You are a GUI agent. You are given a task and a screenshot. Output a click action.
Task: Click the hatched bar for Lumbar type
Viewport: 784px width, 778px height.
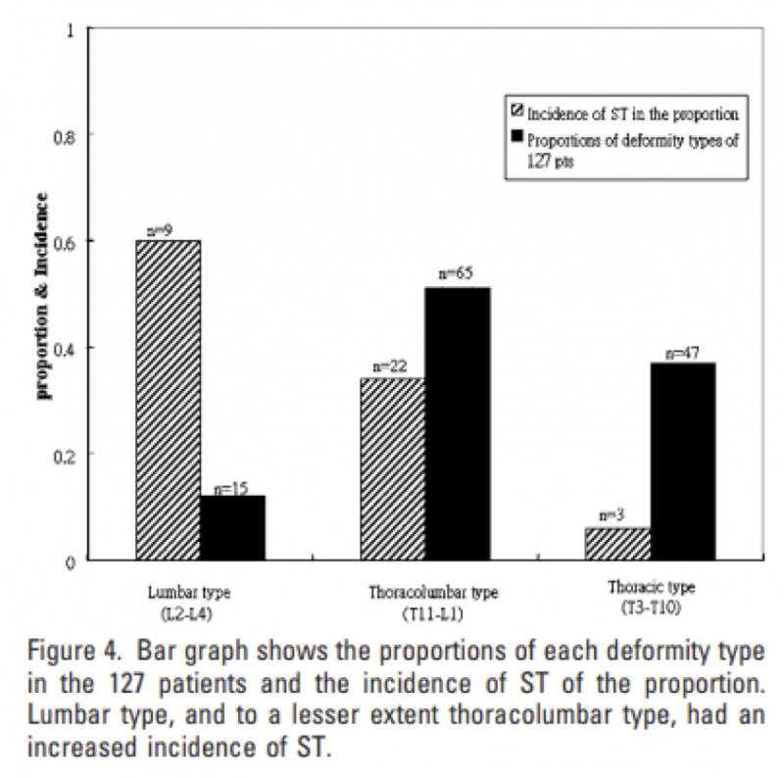(168, 400)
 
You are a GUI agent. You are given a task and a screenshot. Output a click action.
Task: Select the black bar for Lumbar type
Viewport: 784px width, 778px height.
(233, 527)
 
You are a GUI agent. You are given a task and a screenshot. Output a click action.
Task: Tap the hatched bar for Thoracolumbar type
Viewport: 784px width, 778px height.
(392, 468)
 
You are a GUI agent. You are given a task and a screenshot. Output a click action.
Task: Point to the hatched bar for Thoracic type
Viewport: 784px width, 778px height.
(616, 543)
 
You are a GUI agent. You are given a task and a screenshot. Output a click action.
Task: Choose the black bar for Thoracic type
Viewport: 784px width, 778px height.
(683, 461)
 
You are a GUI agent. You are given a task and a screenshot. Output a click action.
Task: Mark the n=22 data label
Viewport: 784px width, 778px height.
(388, 366)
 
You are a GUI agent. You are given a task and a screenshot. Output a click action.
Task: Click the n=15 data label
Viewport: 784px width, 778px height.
(231, 485)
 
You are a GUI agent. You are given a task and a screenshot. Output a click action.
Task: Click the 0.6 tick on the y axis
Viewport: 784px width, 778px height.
(68, 241)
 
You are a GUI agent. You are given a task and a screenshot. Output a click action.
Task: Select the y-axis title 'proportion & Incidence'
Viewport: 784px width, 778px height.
(43, 295)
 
